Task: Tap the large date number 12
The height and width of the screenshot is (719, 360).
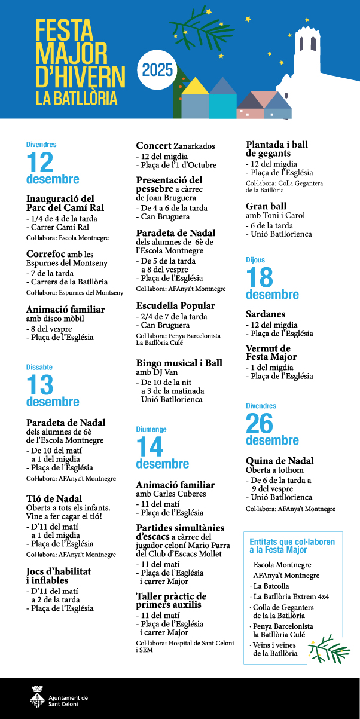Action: [39, 162]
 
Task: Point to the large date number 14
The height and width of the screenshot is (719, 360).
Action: [150, 447]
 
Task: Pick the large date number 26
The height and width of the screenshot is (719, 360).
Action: [259, 423]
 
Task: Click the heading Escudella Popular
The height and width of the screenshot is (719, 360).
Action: [175, 305]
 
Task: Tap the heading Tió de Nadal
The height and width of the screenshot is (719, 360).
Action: [54, 498]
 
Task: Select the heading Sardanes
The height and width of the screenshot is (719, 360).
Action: [266, 314]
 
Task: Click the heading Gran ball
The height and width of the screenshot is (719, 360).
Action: [266, 206]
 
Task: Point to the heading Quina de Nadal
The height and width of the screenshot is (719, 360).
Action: [280, 461]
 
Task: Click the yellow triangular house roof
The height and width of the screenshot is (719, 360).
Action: [195, 86]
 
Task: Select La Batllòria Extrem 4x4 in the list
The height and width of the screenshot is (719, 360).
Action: [291, 596]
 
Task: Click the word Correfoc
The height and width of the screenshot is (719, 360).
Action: [45, 253]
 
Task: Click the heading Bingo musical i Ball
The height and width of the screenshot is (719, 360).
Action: [179, 363]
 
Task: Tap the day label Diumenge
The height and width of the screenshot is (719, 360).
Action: [151, 429]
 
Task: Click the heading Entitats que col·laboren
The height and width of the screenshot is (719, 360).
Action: [292, 542]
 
